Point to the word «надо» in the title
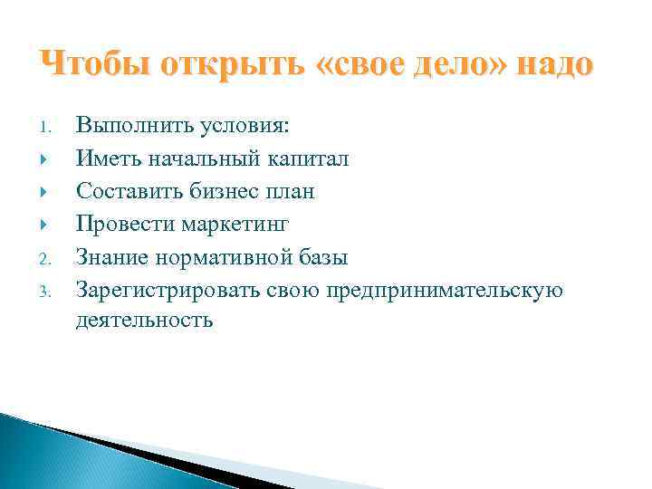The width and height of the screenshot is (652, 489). (x=555, y=65)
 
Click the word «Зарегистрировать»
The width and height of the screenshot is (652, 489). (x=168, y=290)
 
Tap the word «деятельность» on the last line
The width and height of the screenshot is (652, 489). (x=145, y=320)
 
